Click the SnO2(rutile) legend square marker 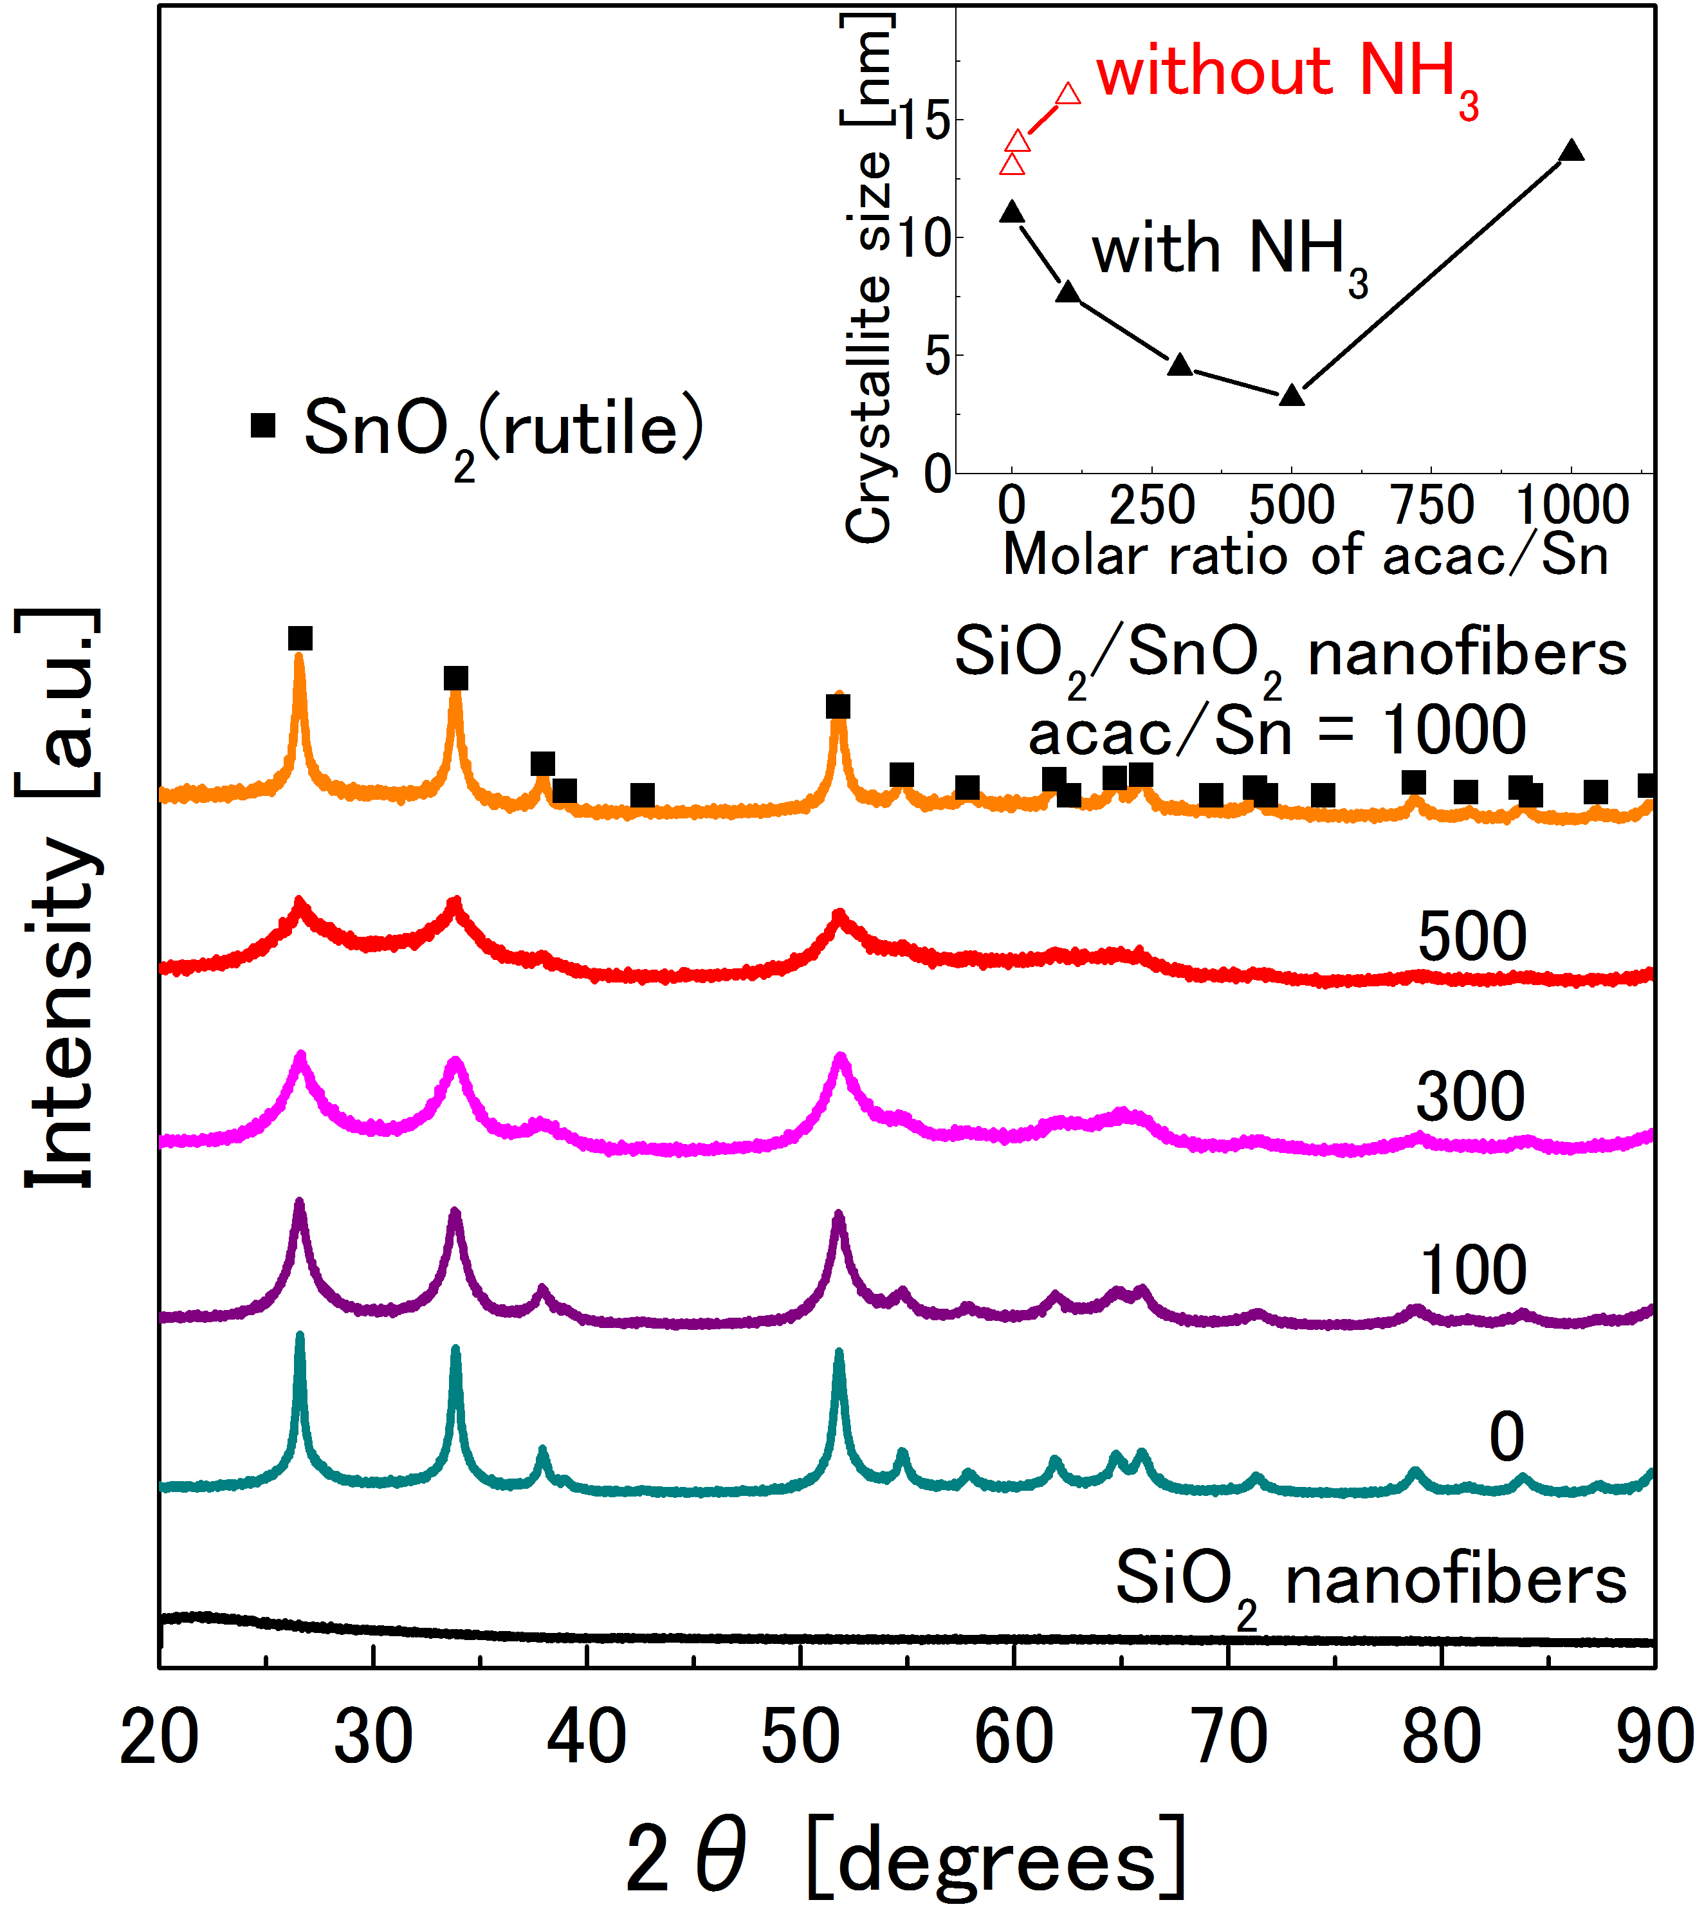click(x=263, y=425)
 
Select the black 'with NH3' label click(x=1229, y=253)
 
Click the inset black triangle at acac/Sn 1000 click(x=1572, y=151)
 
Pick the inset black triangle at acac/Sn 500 click(x=1292, y=395)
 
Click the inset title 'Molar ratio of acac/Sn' click(x=1305, y=555)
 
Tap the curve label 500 click(x=1472, y=936)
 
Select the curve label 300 click(x=1470, y=1097)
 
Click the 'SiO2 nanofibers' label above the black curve click(x=1371, y=1580)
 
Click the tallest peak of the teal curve click(x=300, y=1337)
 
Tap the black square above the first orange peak click(x=300, y=638)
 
